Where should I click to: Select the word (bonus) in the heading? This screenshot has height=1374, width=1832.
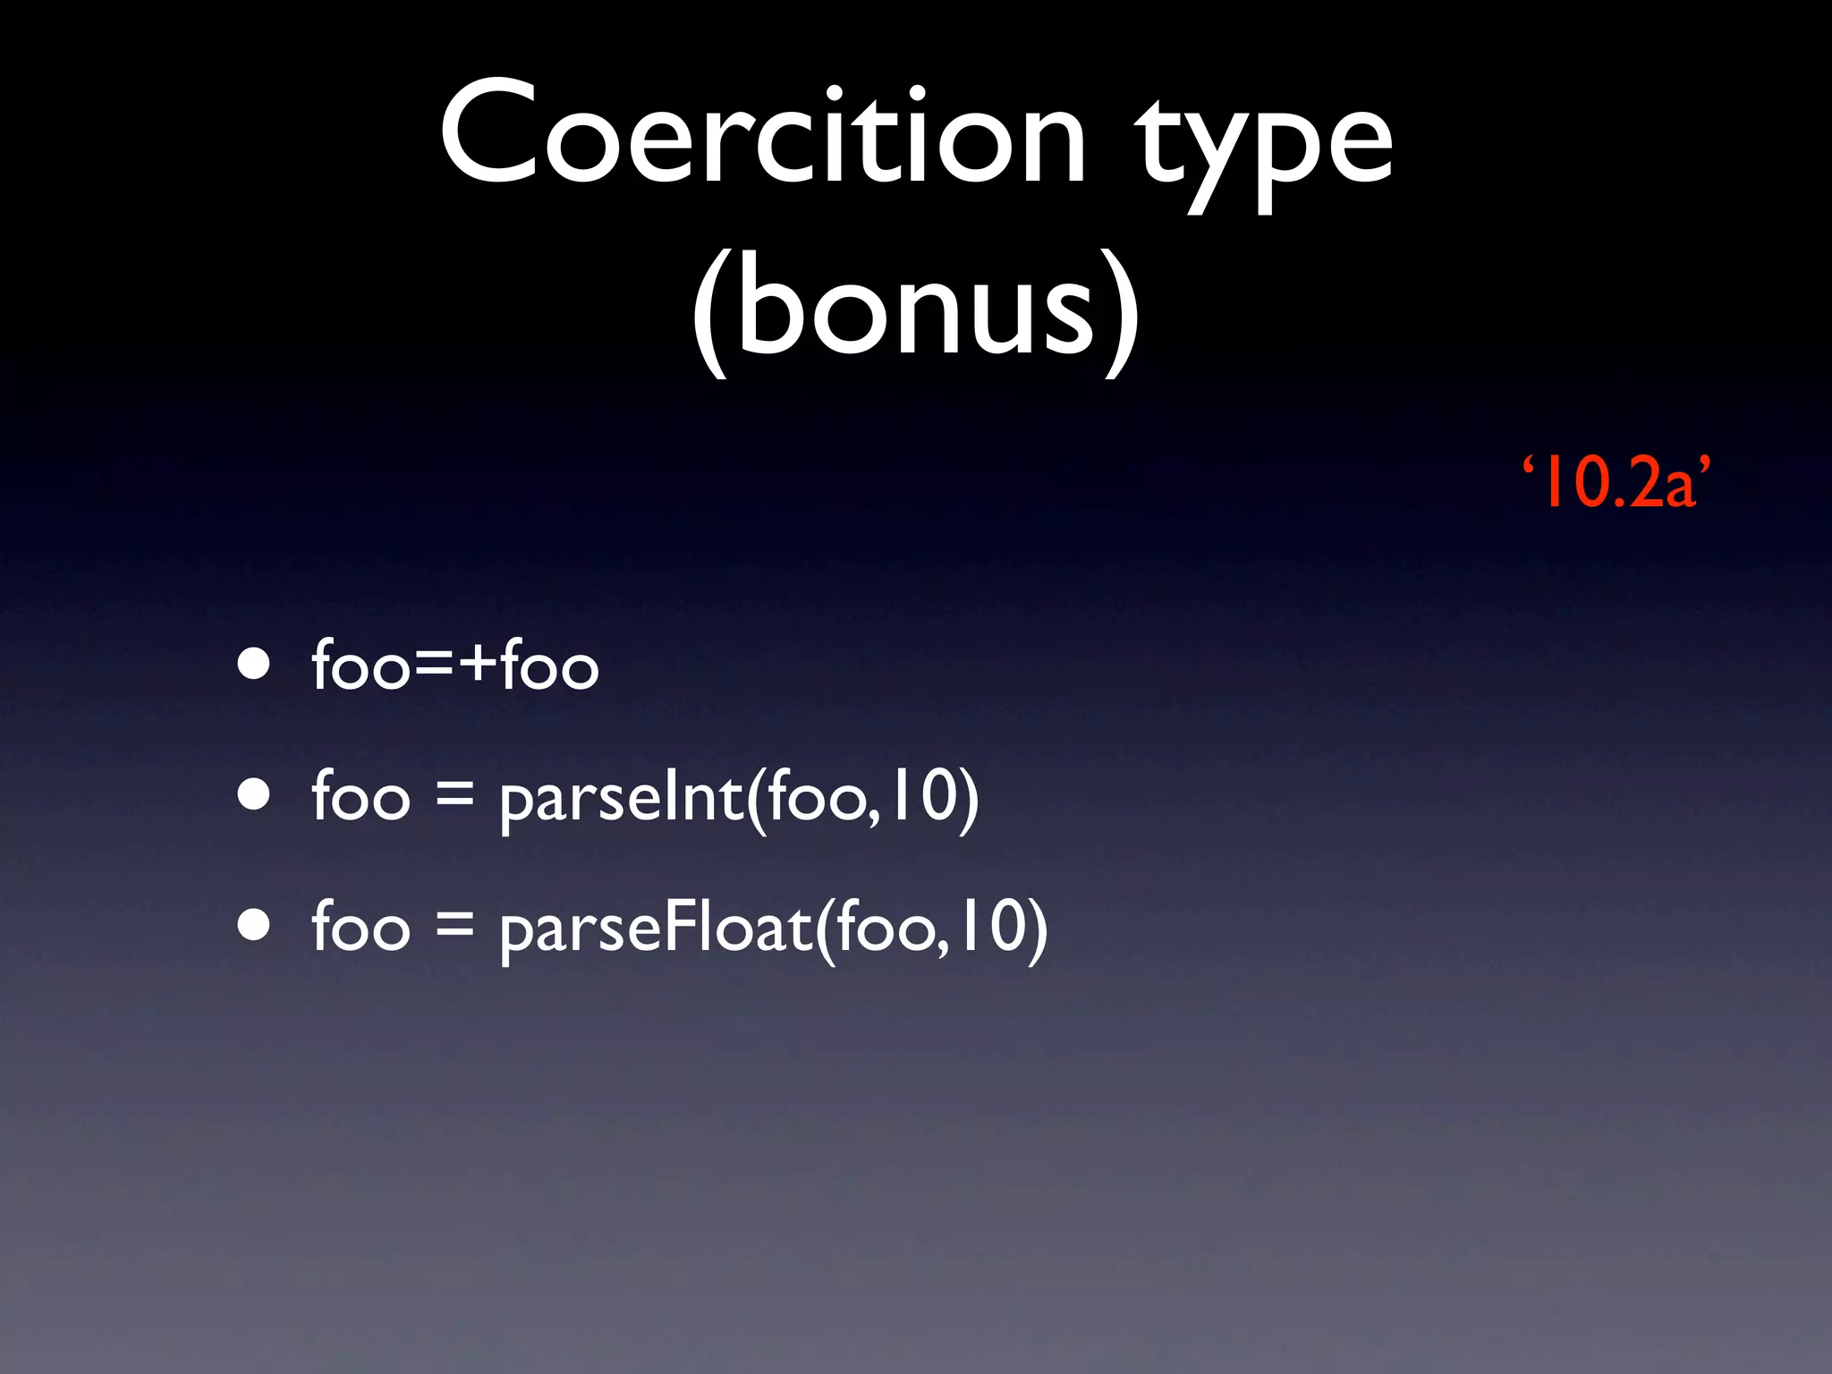(x=916, y=309)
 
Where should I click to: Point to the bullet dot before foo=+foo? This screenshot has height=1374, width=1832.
(x=254, y=664)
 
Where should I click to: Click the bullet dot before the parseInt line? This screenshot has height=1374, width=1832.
(x=254, y=794)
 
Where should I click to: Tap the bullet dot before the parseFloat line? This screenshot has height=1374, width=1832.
(x=254, y=926)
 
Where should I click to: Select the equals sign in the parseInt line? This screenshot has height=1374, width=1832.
(x=454, y=796)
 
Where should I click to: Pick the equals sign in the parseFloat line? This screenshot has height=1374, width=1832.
(x=454, y=927)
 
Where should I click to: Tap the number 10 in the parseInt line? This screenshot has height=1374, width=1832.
(x=926, y=796)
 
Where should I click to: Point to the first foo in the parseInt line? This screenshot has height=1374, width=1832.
(x=360, y=796)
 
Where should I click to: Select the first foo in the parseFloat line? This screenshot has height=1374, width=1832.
(x=360, y=927)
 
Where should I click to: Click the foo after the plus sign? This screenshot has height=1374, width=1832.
(x=548, y=666)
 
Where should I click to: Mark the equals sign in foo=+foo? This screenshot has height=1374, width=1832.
(x=433, y=667)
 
